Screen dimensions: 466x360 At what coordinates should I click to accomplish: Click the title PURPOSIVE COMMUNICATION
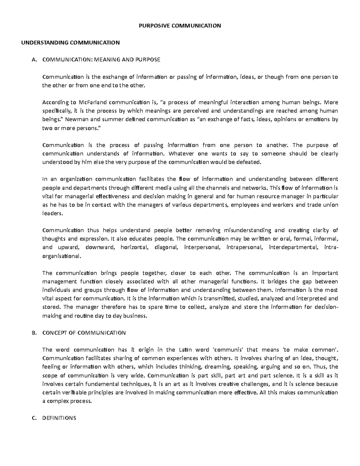[180, 26]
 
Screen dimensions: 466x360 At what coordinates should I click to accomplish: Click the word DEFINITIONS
[59, 418]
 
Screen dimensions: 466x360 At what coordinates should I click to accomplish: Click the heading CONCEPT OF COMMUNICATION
[84, 333]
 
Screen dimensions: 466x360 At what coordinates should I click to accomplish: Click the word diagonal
[166, 248]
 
